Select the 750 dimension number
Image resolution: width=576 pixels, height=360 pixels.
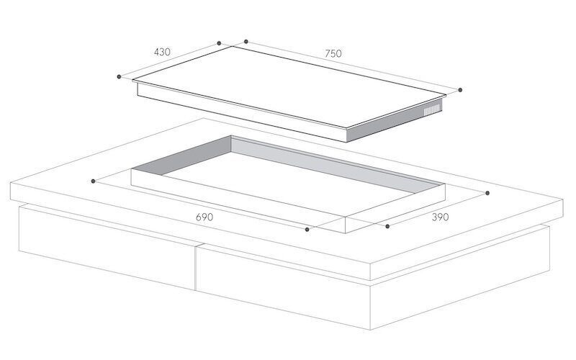pos(333,53)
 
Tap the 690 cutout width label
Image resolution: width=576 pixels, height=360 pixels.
pos(204,216)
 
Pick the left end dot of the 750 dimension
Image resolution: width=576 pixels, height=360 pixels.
pos(246,42)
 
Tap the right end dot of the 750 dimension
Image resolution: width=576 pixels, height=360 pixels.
pos(461,90)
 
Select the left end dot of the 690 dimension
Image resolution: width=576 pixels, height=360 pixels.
pos(93,181)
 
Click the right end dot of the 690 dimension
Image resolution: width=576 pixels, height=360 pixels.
pos(307,230)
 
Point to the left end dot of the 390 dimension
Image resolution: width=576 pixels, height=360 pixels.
pos(387,226)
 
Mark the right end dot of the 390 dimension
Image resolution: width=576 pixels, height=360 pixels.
pos(487,192)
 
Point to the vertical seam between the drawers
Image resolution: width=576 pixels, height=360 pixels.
pos(196,268)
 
